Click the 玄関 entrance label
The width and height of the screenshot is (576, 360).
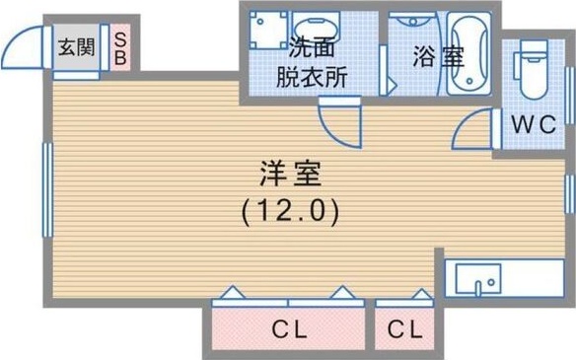[x=75, y=45]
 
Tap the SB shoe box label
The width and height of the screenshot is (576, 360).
[x=119, y=46]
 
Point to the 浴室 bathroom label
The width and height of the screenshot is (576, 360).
[x=437, y=56]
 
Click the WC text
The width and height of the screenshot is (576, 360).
[x=534, y=124]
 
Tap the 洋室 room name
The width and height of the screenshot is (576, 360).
[x=290, y=175]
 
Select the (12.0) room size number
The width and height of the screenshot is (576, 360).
[x=290, y=210]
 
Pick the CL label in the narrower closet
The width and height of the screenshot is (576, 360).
[x=404, y=329]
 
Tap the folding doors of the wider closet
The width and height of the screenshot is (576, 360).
[x=286, y=294]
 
